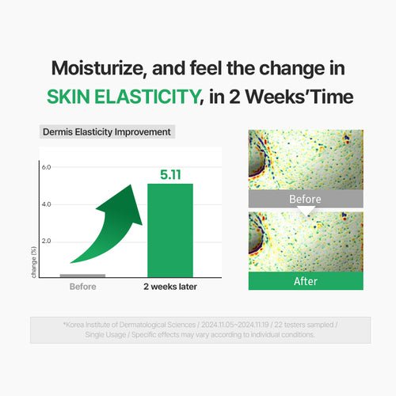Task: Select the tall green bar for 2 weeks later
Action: coord(170,230)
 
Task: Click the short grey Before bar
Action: coord(83,275)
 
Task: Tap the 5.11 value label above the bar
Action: coord(170,173)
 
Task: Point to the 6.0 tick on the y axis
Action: coord(46,168)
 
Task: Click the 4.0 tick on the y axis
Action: coord(46,204)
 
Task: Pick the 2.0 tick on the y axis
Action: coord(46,241)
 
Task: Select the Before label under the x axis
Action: coord(83,287)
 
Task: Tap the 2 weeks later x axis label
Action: coord(170,287)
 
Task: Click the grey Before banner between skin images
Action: coord(306,200)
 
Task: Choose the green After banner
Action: coord(306,281)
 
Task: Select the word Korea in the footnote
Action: coord(78,325)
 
